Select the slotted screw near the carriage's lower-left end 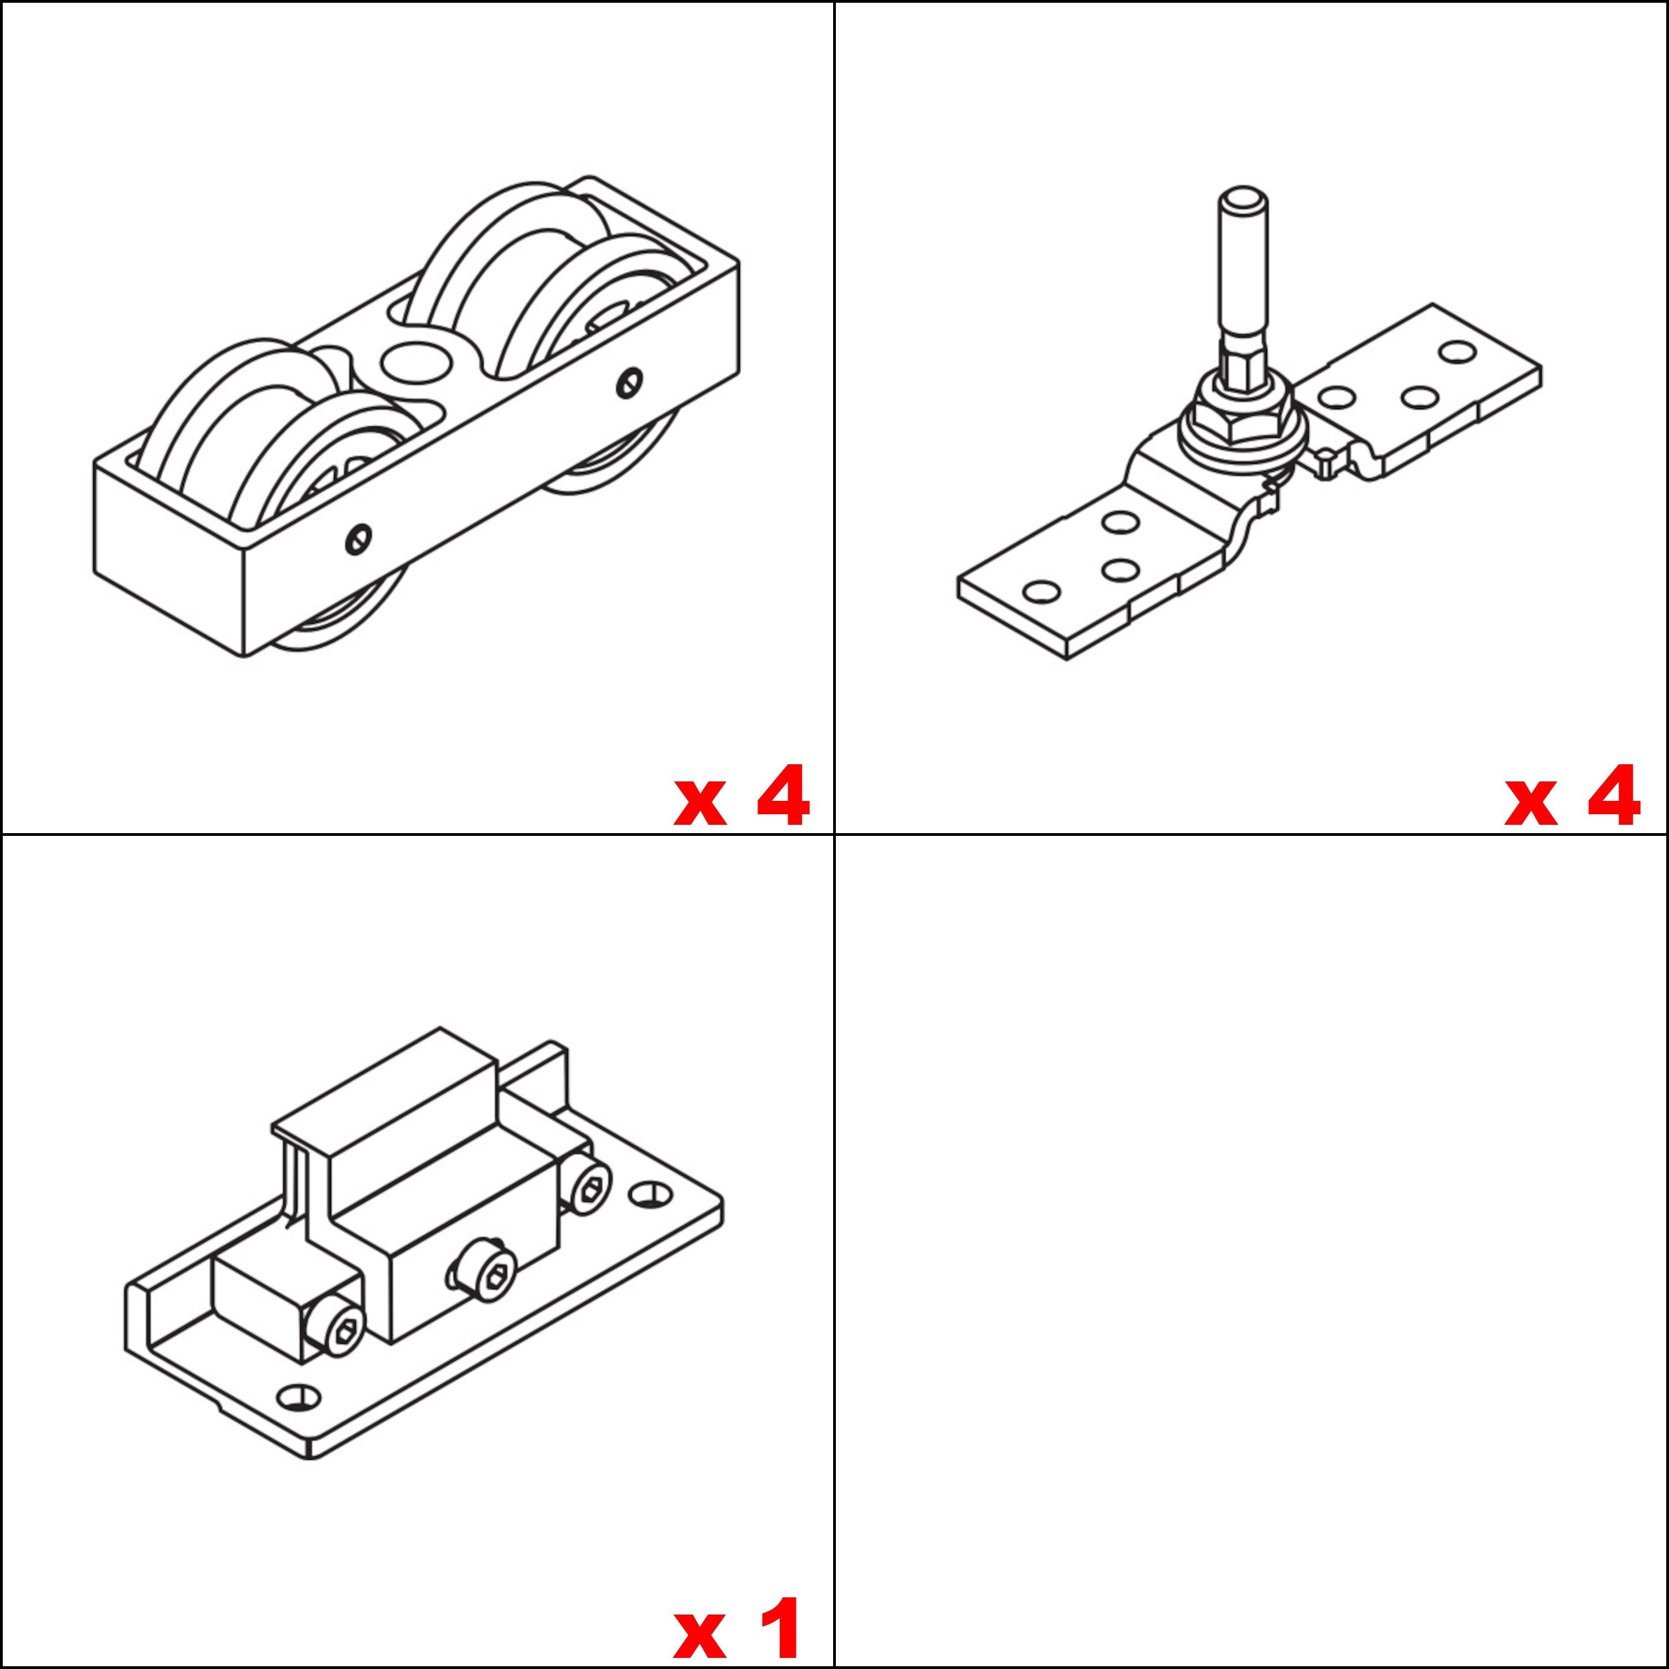(x=358, y=540)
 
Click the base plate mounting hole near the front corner (x=298, y=1397)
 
